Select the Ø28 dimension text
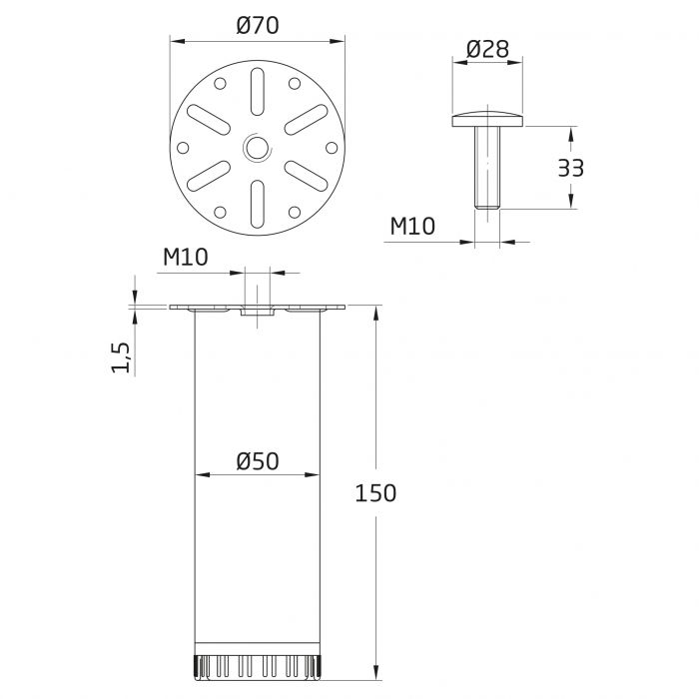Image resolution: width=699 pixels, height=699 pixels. pyautogui.click(x=488, y=48)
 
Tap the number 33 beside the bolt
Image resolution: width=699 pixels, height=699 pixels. pyautogui.click(x=570, y=167)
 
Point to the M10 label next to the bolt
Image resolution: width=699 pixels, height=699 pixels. pyautogui.click(x=411, y=227)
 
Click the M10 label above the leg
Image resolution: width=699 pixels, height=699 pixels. pyautogui.click(x=185, y=258)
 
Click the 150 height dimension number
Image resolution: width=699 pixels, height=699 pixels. pyautogui.click(x=377, y=492)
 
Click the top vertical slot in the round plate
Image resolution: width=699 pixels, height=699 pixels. pyautogui.click(x=257, y=89)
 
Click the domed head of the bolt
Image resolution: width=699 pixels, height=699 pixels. pyautogui.click(x=488, y=120)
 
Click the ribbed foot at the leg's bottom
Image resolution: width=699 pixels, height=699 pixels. pyautogui.click(x=257, y=665)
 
